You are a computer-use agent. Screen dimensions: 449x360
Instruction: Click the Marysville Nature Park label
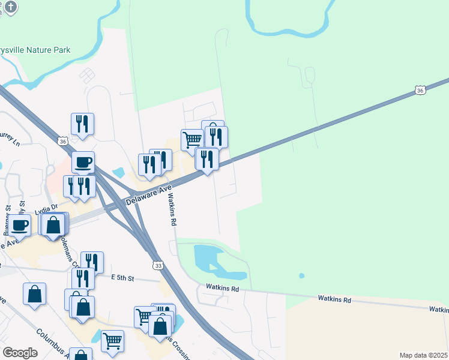click(36, 50)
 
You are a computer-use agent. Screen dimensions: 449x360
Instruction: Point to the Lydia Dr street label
click(46, 208)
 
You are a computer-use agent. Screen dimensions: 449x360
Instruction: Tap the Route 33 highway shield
click(158, 265)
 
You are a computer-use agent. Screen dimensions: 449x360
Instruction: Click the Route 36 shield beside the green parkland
click(420, 90)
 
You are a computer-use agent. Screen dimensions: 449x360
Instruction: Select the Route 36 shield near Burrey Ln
click(63, 141)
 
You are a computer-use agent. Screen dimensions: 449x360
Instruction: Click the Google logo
click(20, 352)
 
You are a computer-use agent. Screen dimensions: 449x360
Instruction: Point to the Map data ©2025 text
click(423, 355)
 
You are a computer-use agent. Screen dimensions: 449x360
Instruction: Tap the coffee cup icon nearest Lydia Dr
click(19, 225)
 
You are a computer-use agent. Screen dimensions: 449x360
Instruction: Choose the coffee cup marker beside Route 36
click(83, 161)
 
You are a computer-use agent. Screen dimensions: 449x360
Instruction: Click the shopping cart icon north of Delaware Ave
click(192, 140)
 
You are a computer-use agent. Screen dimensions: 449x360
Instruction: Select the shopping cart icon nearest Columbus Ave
click(112, 340)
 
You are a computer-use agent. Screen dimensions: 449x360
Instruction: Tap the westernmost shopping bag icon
click(34, 294)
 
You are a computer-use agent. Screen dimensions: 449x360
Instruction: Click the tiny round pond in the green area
click(301, 276)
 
